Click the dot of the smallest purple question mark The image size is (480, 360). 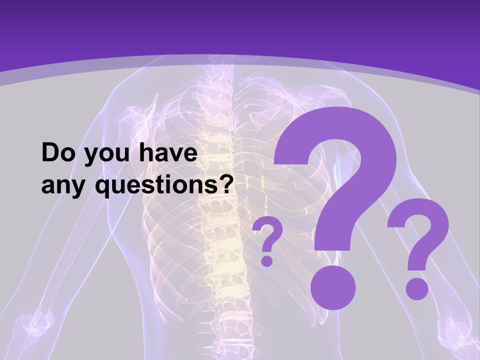coord(267,260)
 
